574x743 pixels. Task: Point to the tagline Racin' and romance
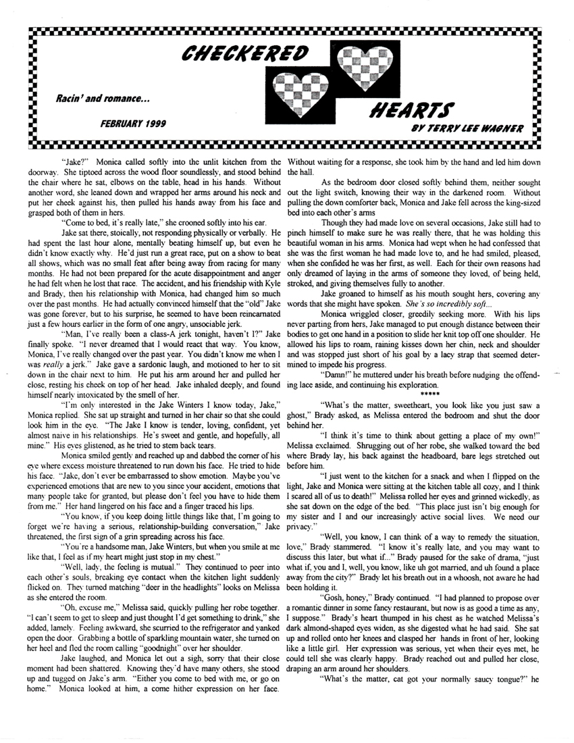(x=103, y=99)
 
